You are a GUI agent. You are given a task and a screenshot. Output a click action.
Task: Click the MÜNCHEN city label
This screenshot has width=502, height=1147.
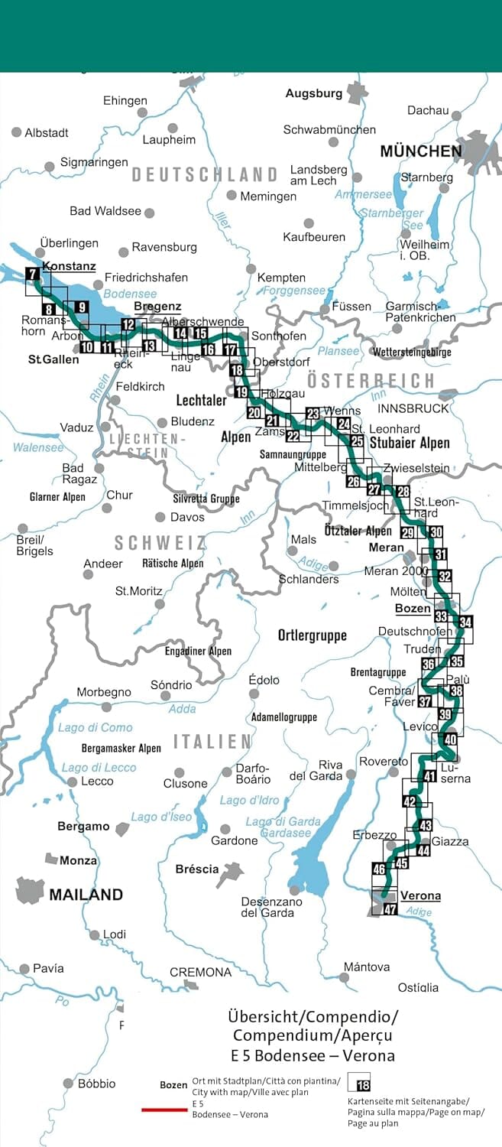[421, 151]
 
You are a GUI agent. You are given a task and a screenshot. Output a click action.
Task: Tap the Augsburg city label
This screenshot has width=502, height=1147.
[314, 94]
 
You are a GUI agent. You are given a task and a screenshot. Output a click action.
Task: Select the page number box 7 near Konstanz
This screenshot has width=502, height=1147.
[32, 274]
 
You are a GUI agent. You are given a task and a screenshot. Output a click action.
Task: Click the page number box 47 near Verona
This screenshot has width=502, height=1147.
[390, 909]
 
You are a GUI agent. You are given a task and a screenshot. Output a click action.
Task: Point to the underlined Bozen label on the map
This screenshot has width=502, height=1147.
[413, 609]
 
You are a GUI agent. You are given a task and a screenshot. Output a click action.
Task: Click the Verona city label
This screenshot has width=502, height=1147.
[420, 895]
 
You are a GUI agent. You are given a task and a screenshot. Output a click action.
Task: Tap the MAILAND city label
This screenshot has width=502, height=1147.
[86, 894]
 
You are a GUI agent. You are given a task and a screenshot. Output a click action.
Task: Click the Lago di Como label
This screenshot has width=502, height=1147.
[95, 727]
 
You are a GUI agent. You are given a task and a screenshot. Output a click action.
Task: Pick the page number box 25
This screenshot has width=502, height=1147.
[357, 441]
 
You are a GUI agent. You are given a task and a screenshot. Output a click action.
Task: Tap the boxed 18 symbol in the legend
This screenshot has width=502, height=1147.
[364, 1085]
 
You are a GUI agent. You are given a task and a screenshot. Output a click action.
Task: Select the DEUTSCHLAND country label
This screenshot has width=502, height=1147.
[204, 174]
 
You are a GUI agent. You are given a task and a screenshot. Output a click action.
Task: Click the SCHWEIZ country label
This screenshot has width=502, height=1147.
[160, 542]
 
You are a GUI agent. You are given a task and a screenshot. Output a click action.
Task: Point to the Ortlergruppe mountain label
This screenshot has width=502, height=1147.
[312, 635]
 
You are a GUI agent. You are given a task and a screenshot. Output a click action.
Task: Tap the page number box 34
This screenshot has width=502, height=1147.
[466, 622]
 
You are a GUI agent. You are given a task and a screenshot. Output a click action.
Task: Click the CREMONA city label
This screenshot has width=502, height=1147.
[200, 972]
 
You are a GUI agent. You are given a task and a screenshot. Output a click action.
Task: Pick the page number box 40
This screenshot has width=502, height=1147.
[450, 739]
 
